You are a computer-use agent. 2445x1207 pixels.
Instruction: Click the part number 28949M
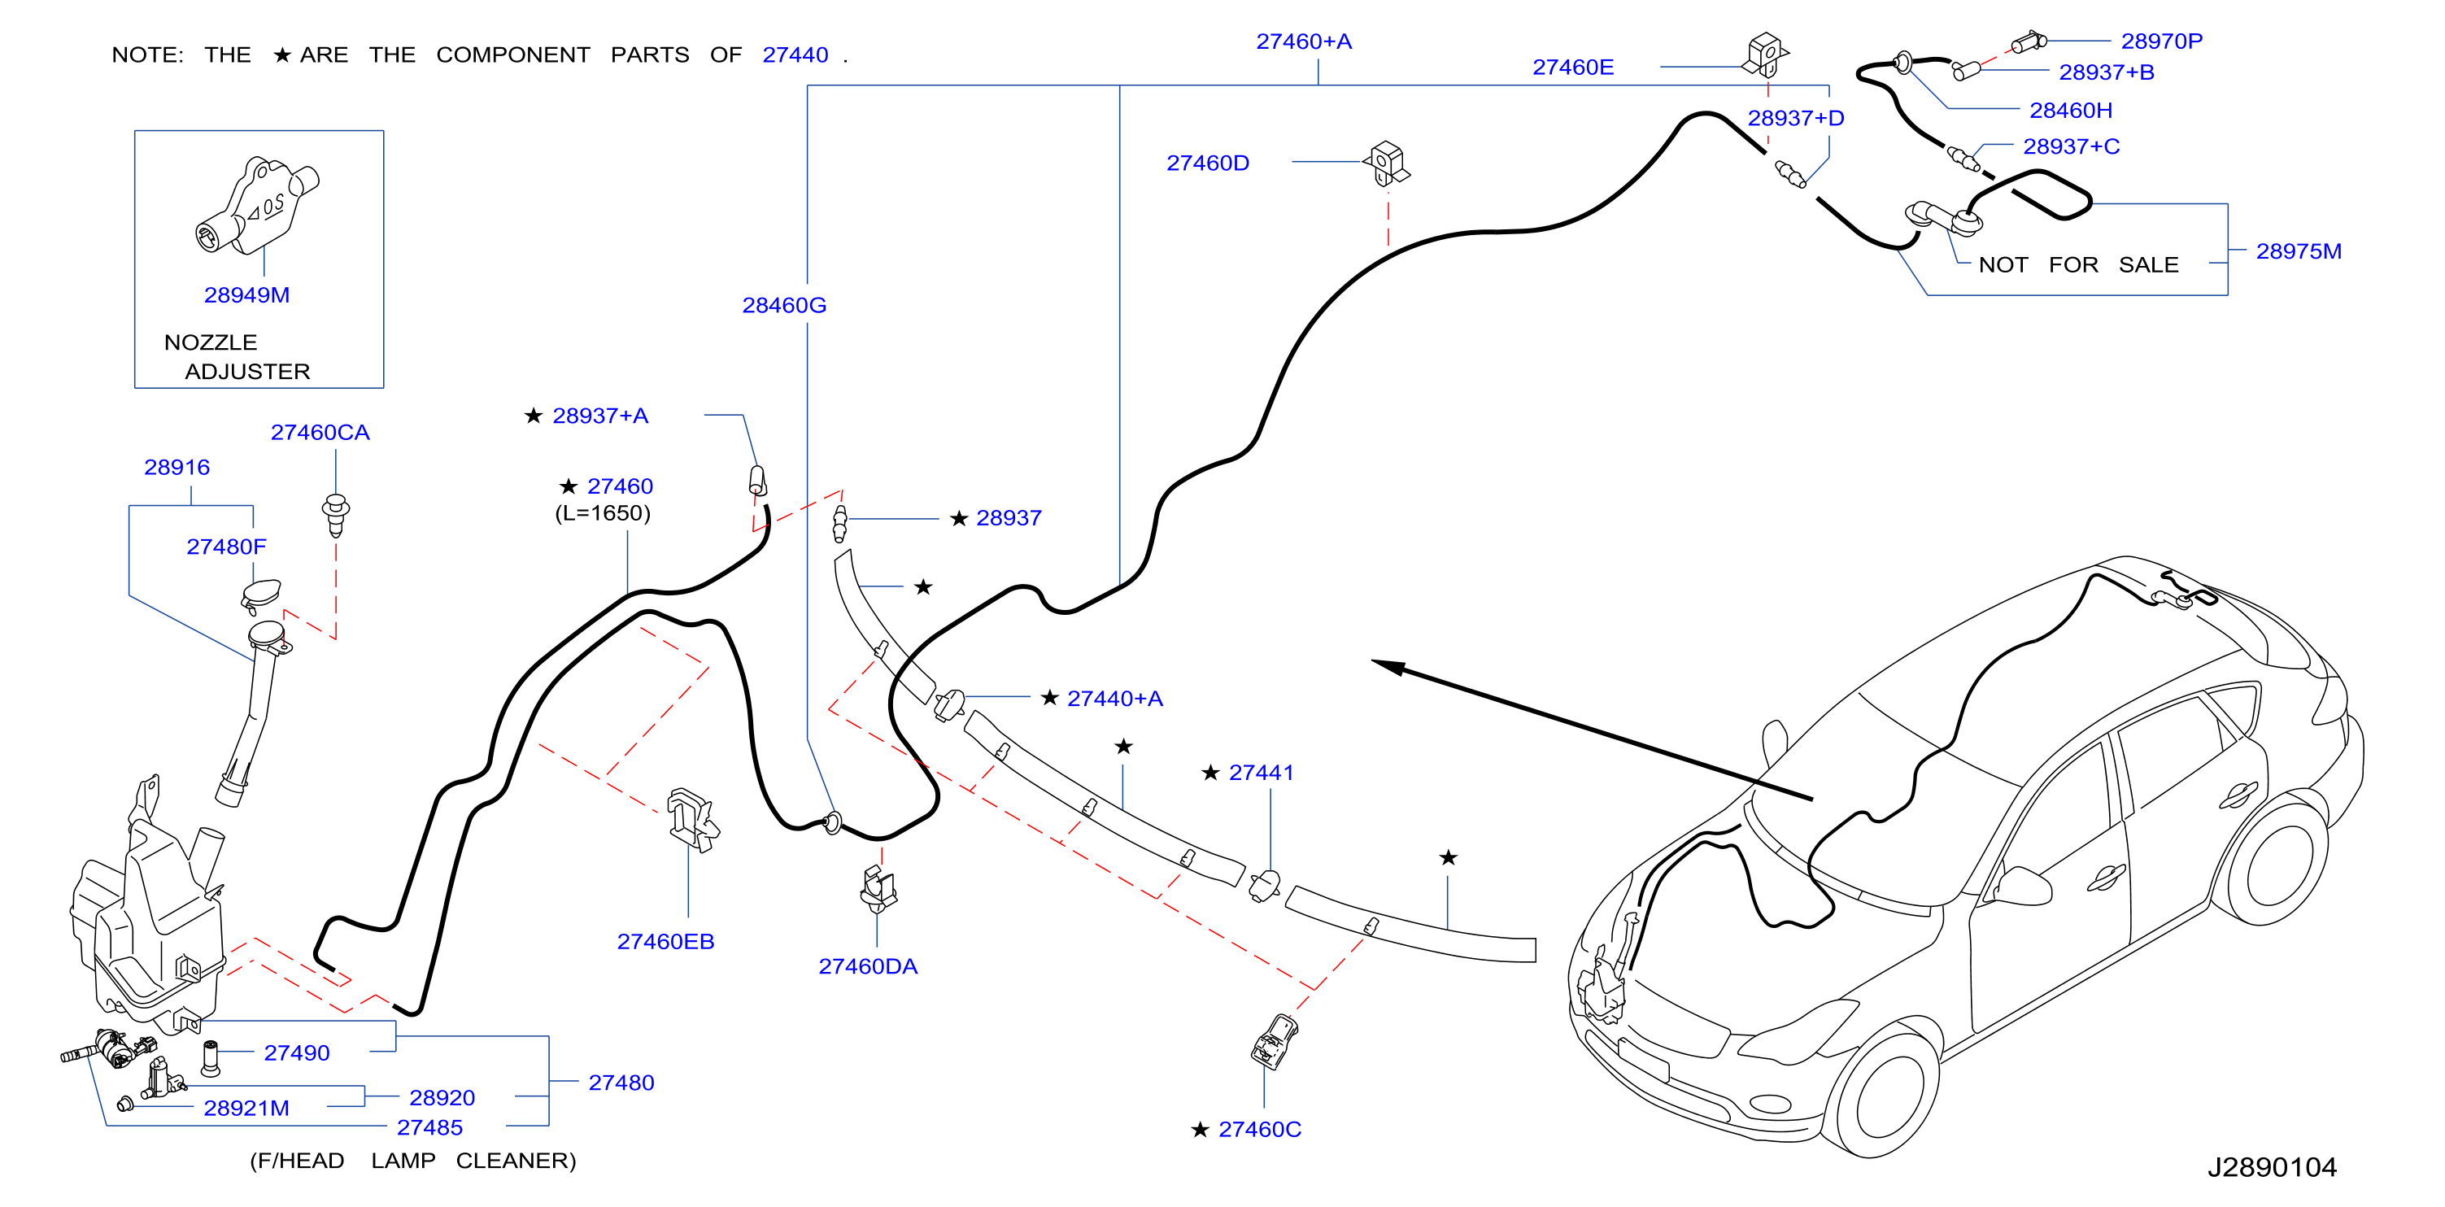point(246,295)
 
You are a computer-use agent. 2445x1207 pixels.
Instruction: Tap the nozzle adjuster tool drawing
point(257,205)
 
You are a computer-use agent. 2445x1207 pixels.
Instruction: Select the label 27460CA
point(320,433)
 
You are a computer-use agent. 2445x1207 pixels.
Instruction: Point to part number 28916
point(177,468)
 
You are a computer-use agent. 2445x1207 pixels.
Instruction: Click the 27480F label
point(226,547)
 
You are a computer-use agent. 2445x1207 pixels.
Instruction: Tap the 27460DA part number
point(868,967)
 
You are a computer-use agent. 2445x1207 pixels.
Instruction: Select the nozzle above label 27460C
point(1274,1041)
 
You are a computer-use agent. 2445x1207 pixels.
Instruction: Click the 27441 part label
point(1262,773)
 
